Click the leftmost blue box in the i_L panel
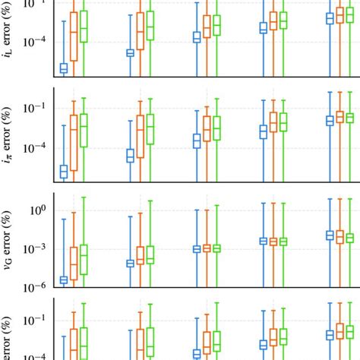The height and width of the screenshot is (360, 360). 63,68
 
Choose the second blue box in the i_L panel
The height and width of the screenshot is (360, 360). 130,52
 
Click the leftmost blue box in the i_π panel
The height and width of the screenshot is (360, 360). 63,172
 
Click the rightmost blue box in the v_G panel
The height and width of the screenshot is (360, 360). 330,235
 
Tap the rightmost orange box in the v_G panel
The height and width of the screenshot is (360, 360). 339,236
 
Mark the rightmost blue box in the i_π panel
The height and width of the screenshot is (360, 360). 330,120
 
